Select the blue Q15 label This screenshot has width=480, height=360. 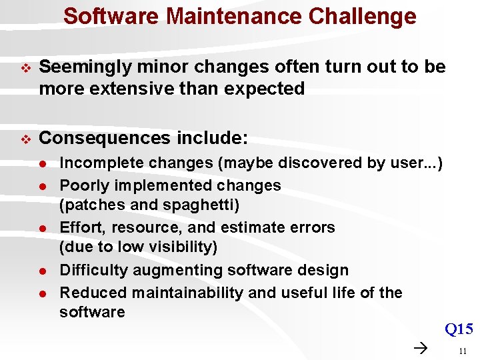pyautogui.click(x=459, y=329)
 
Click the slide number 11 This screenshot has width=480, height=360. pyautogui.click(x=462, y=349)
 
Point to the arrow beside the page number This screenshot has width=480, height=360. pyautogui.click(x=420, y=348)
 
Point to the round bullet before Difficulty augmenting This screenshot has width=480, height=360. pyautogui.click(x=41, y=271)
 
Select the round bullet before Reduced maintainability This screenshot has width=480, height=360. pyautogui.click(x=41, y=293)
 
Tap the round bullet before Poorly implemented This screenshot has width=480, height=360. pyautogui.click(x=41, y=186)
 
